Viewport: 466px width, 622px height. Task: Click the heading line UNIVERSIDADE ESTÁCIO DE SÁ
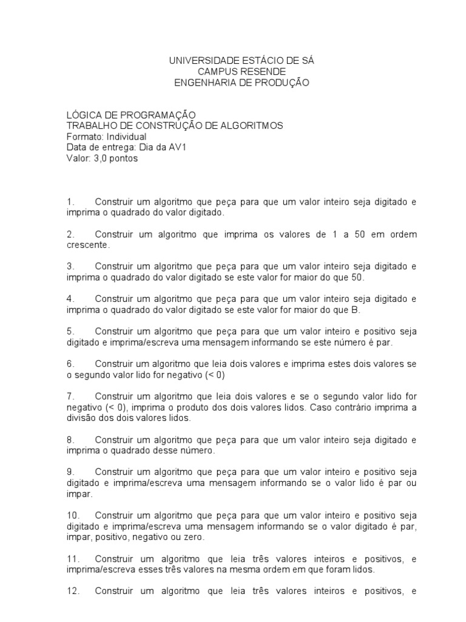[241, 61]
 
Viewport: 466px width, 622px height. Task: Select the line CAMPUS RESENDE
[241, 72]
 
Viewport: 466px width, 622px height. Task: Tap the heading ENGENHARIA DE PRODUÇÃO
[241, 83]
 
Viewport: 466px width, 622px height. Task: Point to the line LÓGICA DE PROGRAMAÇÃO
[131, 115]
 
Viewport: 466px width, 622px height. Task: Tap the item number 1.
[70, 202]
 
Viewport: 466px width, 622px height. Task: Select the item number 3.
[70, 267]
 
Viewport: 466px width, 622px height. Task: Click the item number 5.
[70, 331]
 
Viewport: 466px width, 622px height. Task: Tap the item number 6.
[70, 363]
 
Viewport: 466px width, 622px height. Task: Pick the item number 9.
[70, 471]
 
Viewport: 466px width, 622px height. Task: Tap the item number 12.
[72, 590]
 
